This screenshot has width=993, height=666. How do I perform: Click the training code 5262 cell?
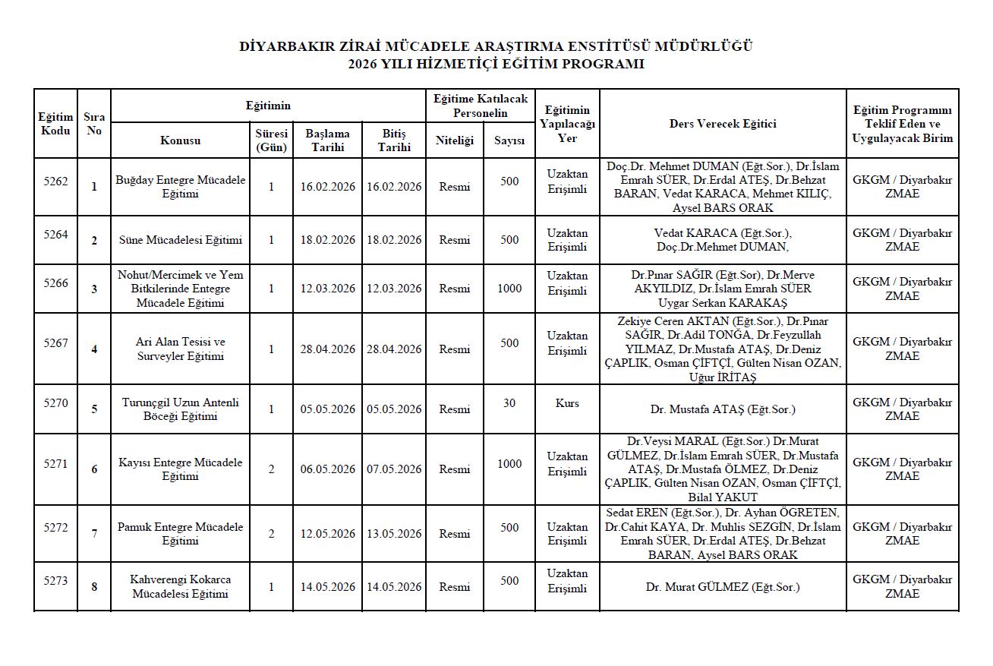[x=55, y=181]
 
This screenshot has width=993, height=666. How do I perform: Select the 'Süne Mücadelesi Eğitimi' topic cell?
[x=181, y=240]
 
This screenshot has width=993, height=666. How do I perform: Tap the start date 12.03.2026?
[x=327, y=289]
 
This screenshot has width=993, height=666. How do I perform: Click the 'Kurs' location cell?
[x=567, y=403]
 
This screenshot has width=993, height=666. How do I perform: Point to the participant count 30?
[x=509, y=403]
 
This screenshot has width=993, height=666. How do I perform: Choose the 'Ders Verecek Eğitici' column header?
[x=723, y=124]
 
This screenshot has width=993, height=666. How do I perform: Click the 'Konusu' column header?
[x=181, y=140]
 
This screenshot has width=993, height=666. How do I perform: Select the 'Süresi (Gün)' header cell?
[x=271, y=140]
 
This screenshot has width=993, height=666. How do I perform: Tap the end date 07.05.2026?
[x=394, y=469]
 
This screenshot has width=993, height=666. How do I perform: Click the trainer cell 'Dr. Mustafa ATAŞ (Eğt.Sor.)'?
[x=723, y=409]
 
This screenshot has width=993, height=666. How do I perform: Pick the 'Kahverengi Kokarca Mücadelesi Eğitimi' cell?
[x=181, y=586]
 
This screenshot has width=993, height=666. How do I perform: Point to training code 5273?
[x=55, y=581]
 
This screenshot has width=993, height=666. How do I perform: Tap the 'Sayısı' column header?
[x=509, y=140]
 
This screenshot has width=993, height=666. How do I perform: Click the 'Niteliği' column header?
[x=454, y=140]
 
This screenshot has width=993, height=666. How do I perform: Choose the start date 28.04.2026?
[x=327, y=349]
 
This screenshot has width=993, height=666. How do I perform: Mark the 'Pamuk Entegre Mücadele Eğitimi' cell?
[x=181, y=534]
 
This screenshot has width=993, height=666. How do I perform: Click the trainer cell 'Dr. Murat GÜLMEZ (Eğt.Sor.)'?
[x=723, y=587]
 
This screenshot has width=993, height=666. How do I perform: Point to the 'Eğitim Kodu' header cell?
[x=55, y=124]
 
